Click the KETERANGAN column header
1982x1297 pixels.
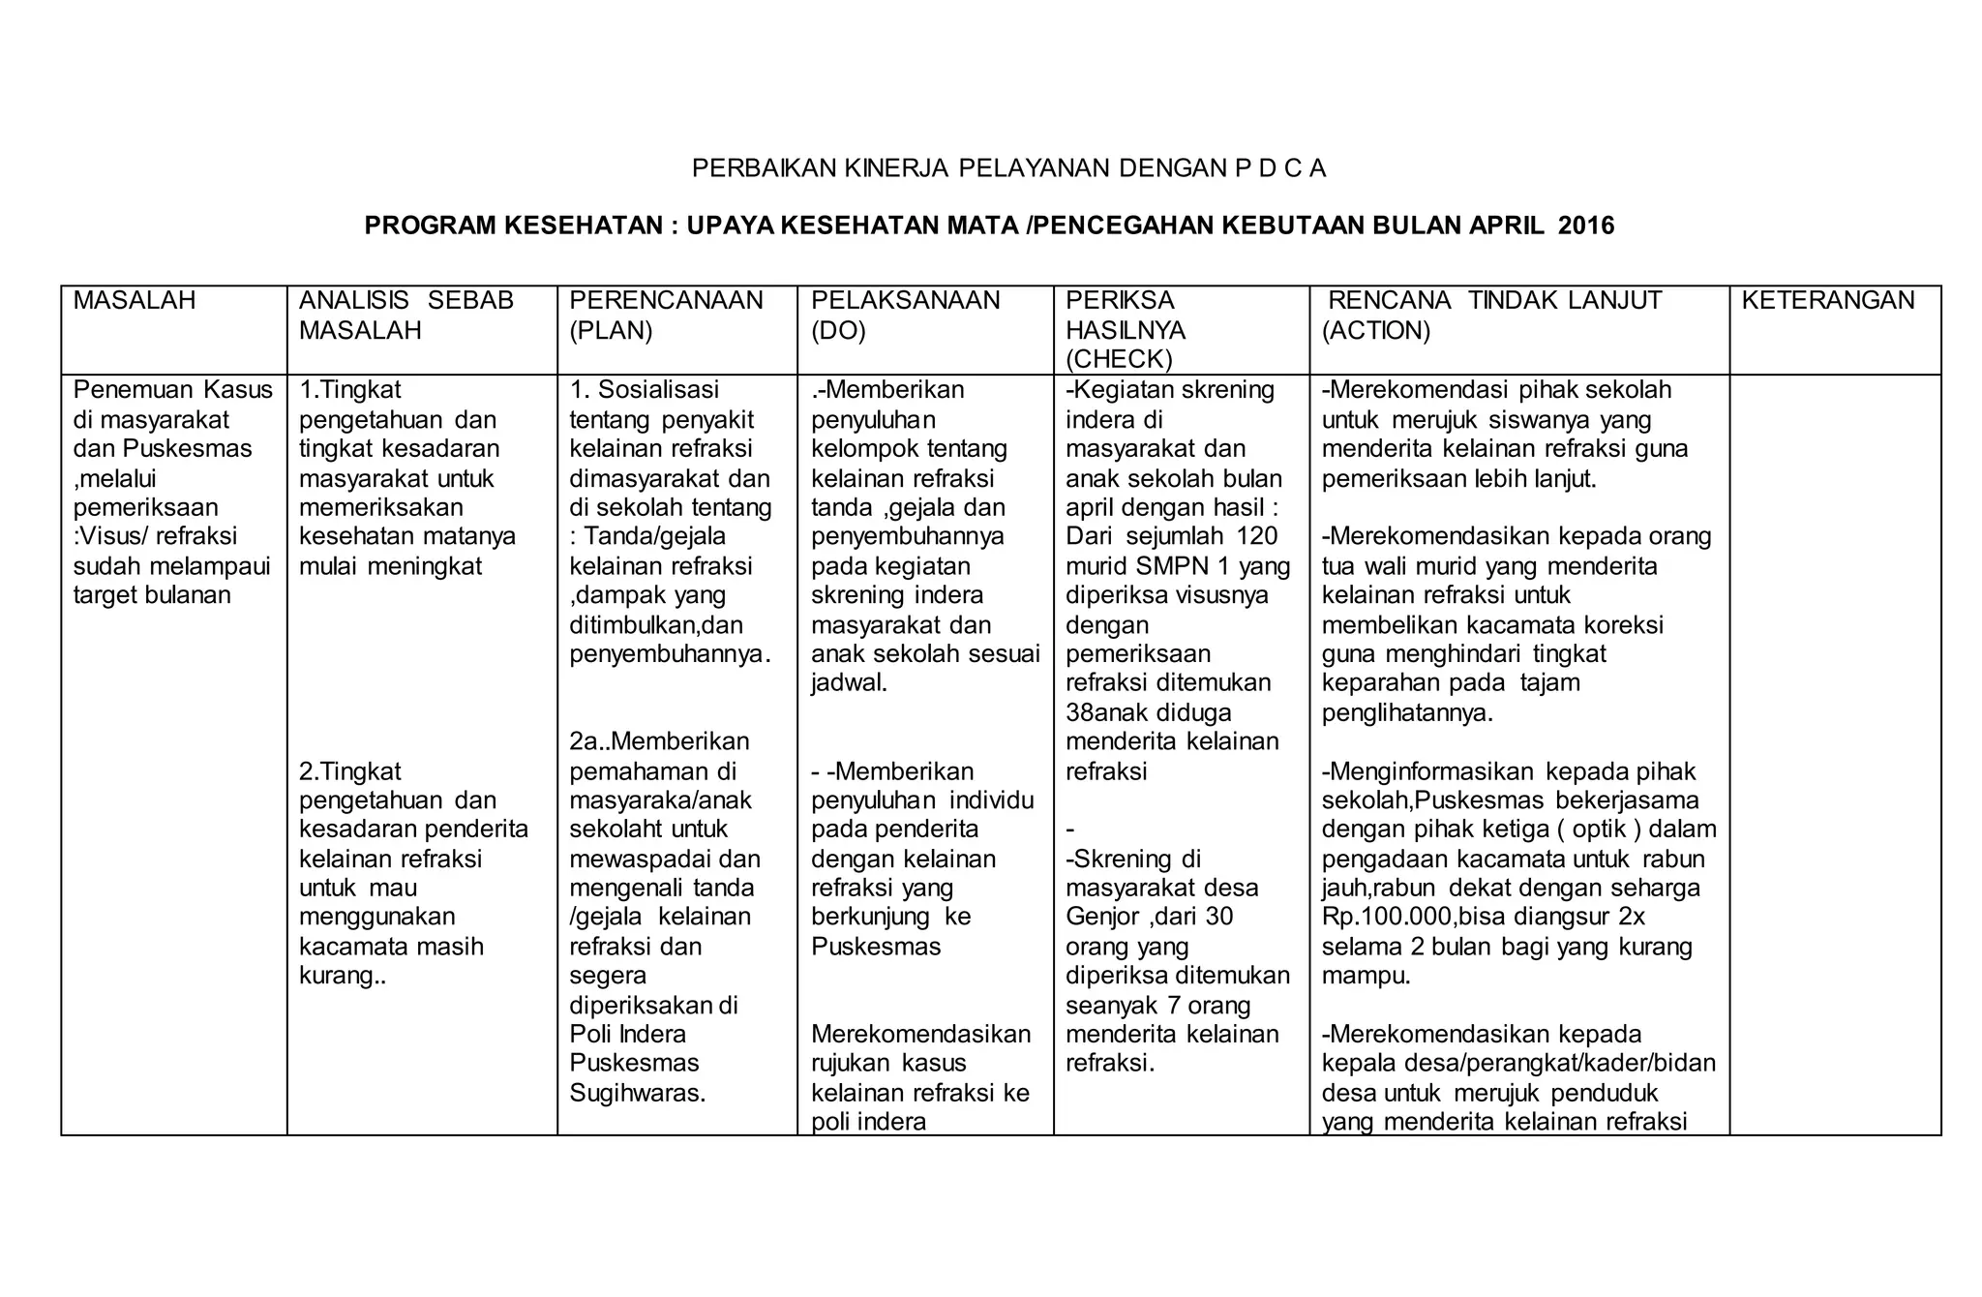tap(1827, 301)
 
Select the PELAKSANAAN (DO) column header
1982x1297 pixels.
tap(905, 315)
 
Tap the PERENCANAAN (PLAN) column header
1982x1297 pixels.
tap(666, 315)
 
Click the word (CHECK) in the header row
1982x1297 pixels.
tap(1119, 359)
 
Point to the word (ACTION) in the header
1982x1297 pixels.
tap(1375, 331)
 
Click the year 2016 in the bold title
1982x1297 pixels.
tap(1587, 226)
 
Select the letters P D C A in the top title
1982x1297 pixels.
tap(1267, 169)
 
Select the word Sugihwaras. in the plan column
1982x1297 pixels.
tap(637, 1093)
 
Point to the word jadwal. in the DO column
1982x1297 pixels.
tap(849, 683)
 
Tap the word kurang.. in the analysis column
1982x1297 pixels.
tap(343, 976)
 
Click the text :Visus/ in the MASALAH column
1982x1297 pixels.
tap(108, 536)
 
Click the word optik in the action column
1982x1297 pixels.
tap(1599, 829)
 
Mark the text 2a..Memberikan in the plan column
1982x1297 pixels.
tap(659, 741)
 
